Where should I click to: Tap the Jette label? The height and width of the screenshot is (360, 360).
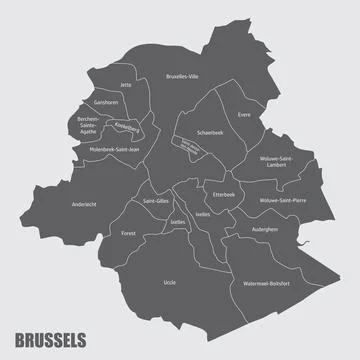[125, 85]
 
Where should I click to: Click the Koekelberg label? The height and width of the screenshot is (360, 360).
[127, 128]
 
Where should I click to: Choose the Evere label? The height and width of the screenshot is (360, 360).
[244, 114]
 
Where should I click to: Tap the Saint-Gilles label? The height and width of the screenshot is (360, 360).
[156, 201]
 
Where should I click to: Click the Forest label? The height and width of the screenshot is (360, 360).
[128, 233]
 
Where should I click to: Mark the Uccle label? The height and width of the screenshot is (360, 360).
[169, 283]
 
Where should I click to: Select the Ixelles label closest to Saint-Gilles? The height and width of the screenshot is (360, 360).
[151, 222]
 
